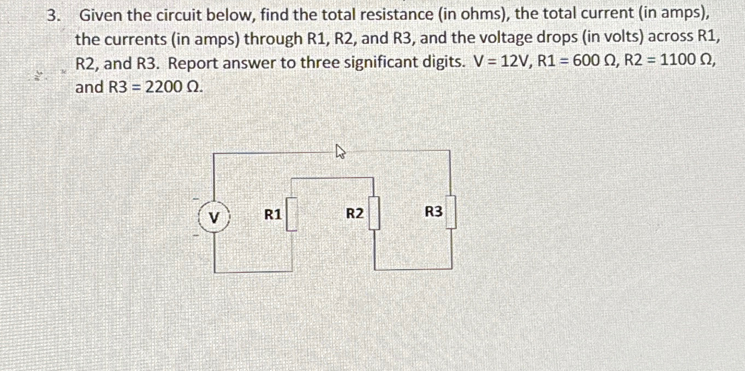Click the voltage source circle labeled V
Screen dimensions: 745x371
[x=214, y=217]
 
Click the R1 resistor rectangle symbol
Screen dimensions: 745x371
[x=292, y=215]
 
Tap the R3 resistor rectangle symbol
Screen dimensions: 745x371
[x=451, y=213]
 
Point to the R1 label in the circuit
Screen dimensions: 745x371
[x=273, y=215]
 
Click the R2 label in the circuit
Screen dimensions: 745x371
[x=355, y=214]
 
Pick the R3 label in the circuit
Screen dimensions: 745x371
[x=433, y=212]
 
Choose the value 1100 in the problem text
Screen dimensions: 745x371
[x=680, y=63]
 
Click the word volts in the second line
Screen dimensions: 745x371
[x=648, y=39]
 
